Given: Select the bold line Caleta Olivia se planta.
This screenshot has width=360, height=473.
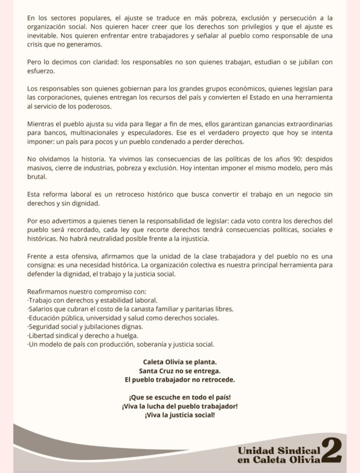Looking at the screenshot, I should pos(180,362).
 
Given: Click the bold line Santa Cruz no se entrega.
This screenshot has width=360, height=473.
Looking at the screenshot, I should pos(180,370).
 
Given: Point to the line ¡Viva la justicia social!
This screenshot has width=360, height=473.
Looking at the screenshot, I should pos(180,415).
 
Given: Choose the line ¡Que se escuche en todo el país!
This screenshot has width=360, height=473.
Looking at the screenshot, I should pos(180,397).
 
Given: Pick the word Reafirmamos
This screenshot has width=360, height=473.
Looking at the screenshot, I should pos(48,292).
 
